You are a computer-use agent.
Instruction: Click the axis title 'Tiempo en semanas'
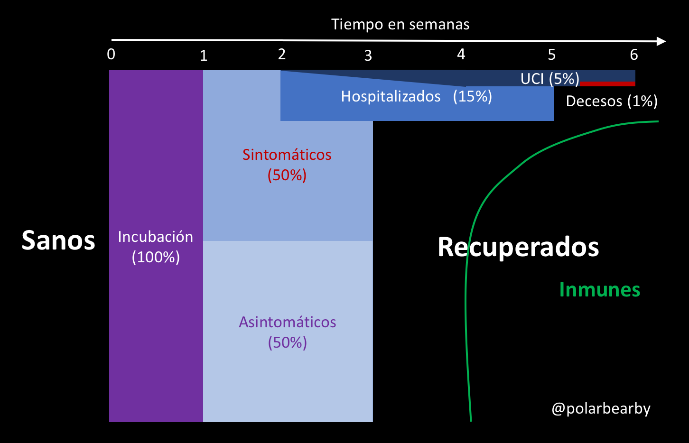pos(400,24)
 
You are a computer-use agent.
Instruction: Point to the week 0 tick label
pos(111,55)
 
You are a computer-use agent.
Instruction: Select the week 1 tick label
pos(204,56)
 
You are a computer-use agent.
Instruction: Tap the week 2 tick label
pos(282,55)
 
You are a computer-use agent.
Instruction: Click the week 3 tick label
pos(368,56)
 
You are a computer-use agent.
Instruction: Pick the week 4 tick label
pos(461,55)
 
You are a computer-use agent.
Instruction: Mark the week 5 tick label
pos(551,55)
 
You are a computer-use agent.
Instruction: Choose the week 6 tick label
pos(634,55)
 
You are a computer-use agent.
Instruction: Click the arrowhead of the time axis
pos(661,41)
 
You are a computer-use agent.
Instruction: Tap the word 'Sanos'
pos(58,240)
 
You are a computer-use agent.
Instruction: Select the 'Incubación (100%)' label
pos(156,247)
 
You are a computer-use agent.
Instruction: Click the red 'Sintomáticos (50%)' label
pos(287,165)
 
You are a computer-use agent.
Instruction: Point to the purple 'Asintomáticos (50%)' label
pos(288,332)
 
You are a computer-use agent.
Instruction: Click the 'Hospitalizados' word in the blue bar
pos(391,97)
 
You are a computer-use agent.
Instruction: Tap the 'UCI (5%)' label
pos(550,79)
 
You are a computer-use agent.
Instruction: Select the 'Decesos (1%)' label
pos(612,101)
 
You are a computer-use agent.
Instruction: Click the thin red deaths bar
pos(607,83)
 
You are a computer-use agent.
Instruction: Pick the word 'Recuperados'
pos(518,247)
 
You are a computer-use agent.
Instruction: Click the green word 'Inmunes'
pos(600,290)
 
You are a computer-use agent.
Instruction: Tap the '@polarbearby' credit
pos(601,408)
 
